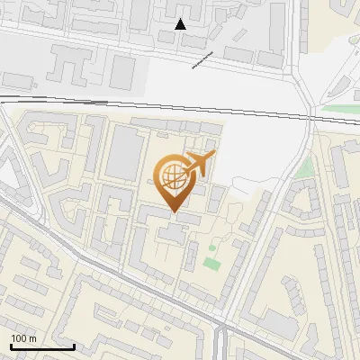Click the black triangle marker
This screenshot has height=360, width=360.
pyautogui.click(x=180, y=24)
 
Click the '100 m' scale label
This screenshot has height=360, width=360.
pyautogui.click(x=23, y=337)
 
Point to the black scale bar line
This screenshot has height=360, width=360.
pyautogui.click(x=42, y=346)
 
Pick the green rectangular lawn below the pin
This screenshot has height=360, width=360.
pyautogui.click(x=211, y=264)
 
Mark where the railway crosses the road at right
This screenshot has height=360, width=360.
pyautogui.click(x=310, y=113)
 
